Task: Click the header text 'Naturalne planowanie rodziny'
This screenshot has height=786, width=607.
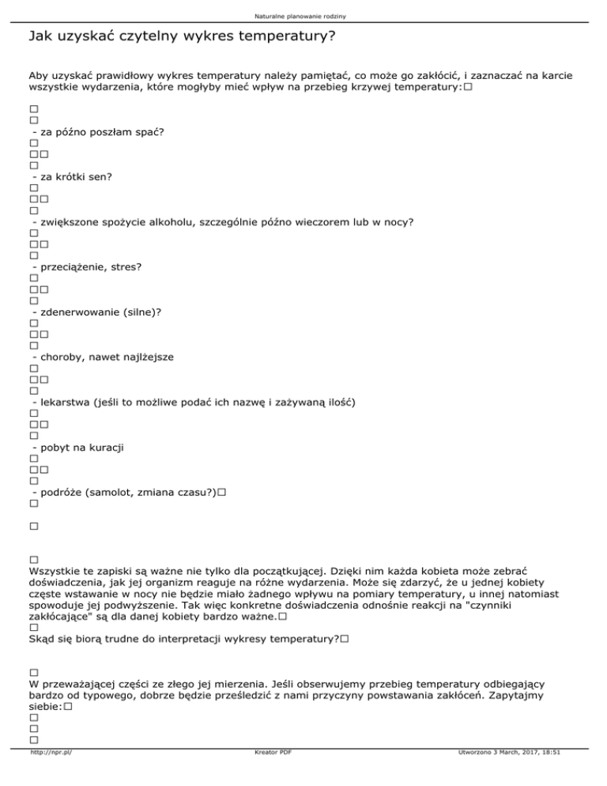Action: [x=303, y=16]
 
